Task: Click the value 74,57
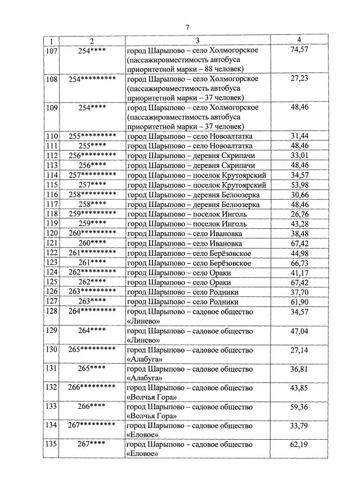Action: point(299,50)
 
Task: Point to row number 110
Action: point(52,136)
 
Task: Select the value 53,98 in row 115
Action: point(299,184)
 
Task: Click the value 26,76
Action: point(299,214)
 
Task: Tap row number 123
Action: point(52,263)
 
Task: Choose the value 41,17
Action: point(299,272)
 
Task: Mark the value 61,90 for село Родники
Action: point(299,301)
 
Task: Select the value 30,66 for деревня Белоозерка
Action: point(299,194)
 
